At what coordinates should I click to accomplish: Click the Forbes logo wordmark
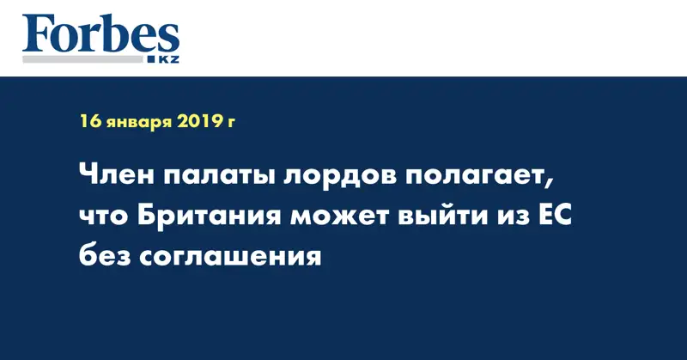click(100, 34)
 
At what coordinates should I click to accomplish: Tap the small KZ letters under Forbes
click(168, 59)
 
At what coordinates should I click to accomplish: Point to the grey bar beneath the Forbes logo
click(82, 59)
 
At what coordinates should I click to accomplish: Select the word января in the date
click(139, 123)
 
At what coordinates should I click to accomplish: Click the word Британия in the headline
click(209, 217)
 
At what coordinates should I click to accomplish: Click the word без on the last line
click(105, 256)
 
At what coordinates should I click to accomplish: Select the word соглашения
click(230, 258)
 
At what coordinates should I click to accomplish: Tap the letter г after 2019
click(231, 124)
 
